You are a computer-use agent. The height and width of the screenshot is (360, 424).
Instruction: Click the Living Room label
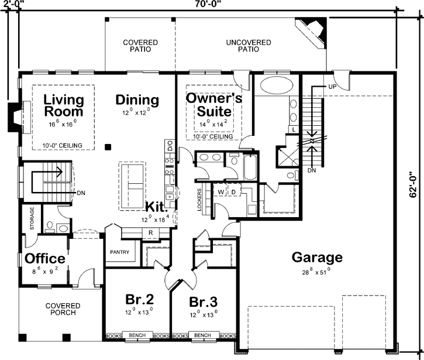click(x=63, y=105)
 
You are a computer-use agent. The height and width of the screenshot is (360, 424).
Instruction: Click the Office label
click(x=44, y=258)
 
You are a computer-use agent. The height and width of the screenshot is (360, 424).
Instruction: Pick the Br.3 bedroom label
click(x=204, y=302)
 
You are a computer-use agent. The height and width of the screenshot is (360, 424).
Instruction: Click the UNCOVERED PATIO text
click(x=248, y=46)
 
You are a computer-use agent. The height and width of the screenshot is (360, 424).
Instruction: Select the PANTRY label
click(x=119, y=253)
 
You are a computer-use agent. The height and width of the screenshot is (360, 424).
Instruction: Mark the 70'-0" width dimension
click(x=211, y=4)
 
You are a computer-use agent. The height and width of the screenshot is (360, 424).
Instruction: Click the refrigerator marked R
click(x=150, y=232)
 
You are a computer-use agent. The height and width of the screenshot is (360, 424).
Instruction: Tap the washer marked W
click(x=222, y=191)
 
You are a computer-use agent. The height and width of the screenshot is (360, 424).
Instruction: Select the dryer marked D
click(x=233, y=191)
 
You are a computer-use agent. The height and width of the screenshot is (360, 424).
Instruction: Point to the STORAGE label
click(x=33, y=218)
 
